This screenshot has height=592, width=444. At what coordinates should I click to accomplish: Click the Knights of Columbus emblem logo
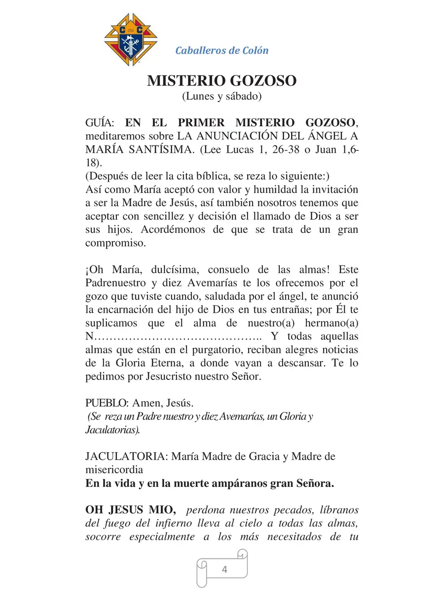coord(131,40)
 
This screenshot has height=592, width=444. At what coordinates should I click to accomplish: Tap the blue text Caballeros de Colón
coord(222,50)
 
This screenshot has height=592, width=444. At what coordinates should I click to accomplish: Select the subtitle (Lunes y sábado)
coord(222,96)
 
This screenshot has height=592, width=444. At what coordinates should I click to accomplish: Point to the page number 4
coord(224,570)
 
